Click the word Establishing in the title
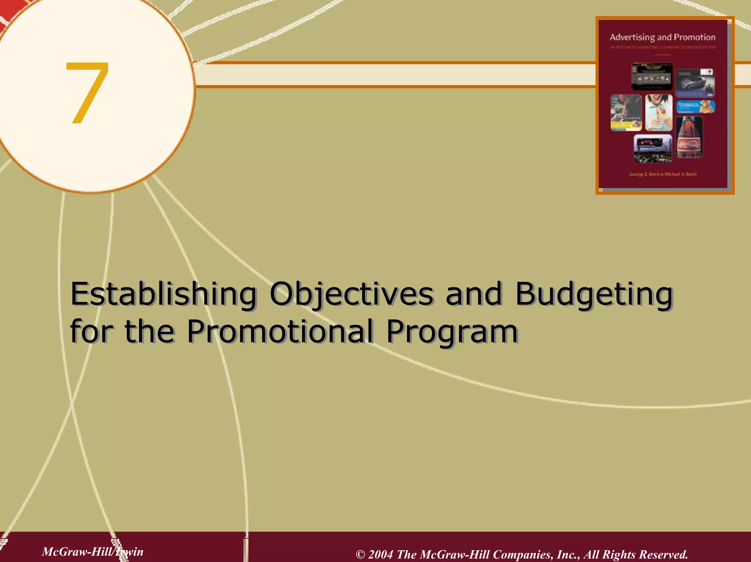(163, 294)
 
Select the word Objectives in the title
(351, 294)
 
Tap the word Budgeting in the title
(594, 294)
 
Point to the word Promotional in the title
(280, 331)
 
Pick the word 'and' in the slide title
(473, 294)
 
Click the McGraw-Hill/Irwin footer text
(92, 551)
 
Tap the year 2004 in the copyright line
(381, 554)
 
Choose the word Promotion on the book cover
(695, 37)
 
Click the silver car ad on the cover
(695, 83)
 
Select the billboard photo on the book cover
(653, 148)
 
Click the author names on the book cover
(663, 174)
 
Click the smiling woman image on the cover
(659, 112)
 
